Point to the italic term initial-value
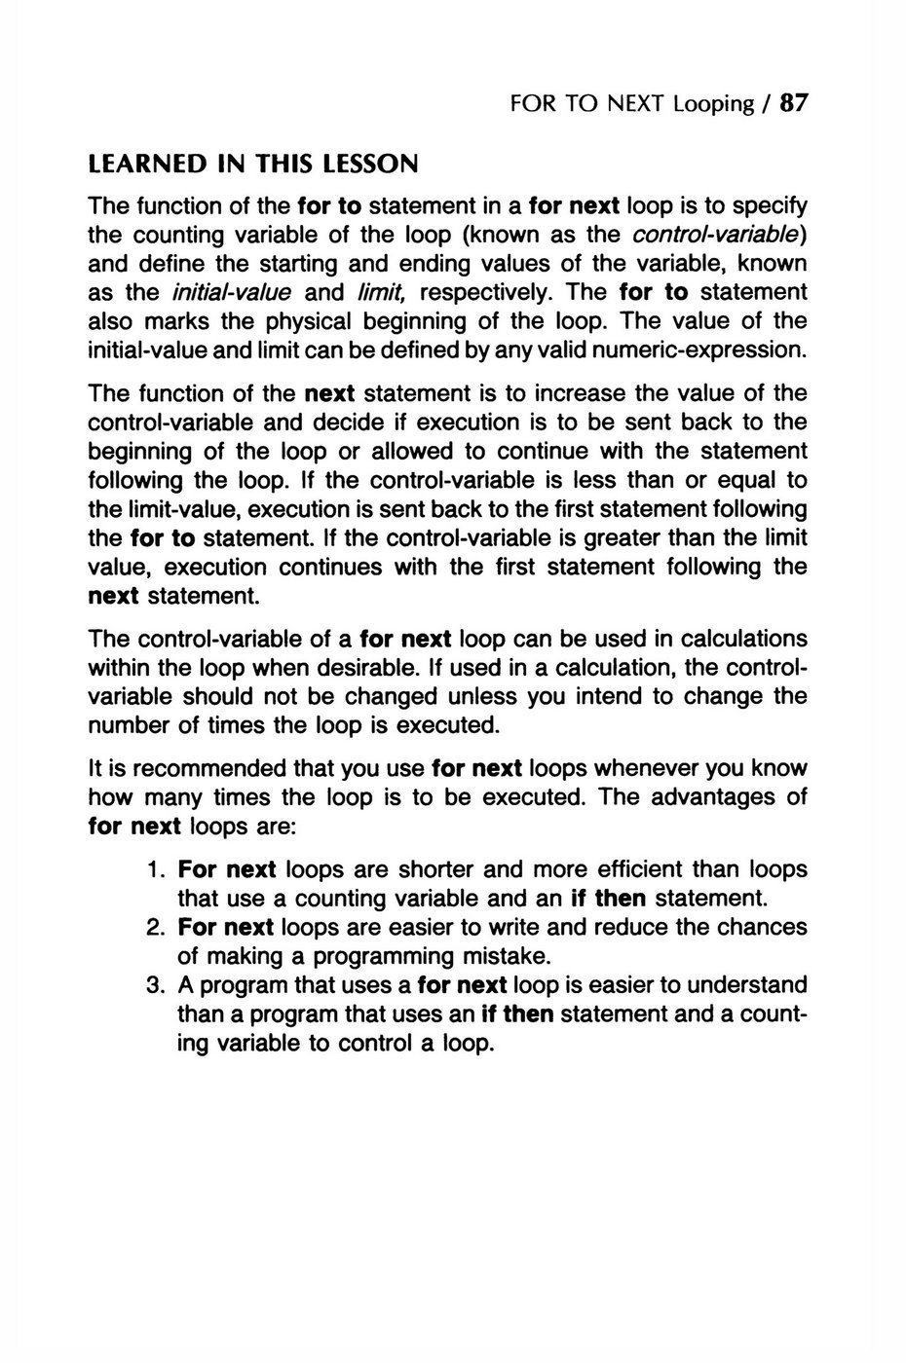point(231,292)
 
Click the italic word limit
point(377,292)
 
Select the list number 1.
point(157,868)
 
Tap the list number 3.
point(157,984)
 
